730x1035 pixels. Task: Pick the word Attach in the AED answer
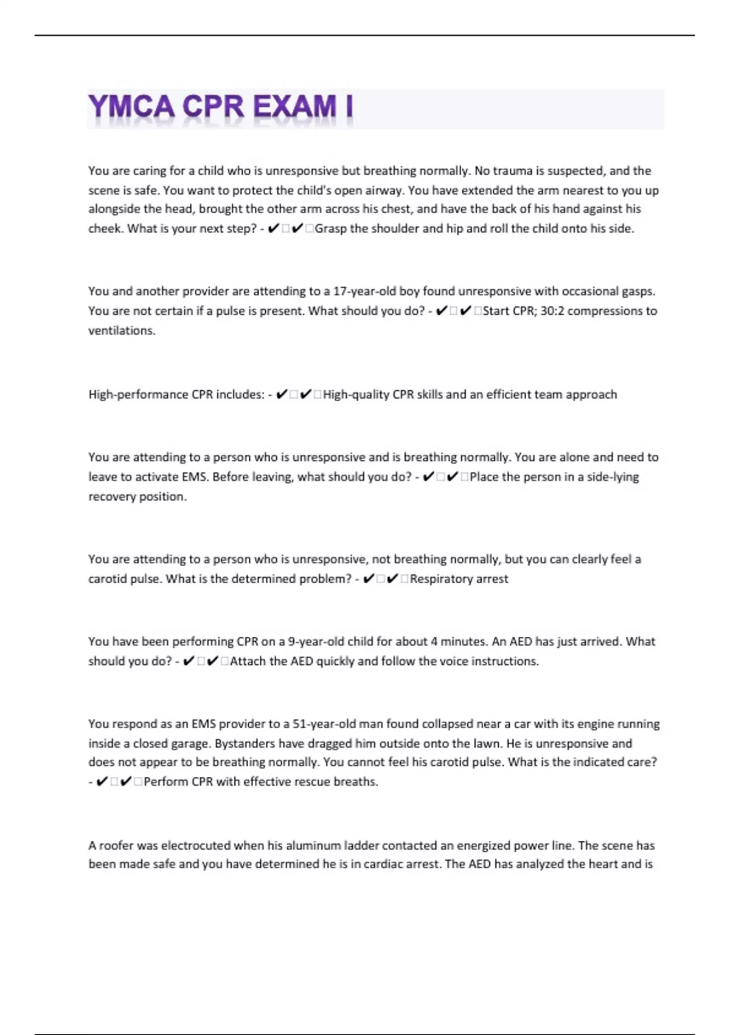pyautogui.click(x=247, y=661)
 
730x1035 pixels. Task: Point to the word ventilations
pyautogui.click(x=122, y=331)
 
